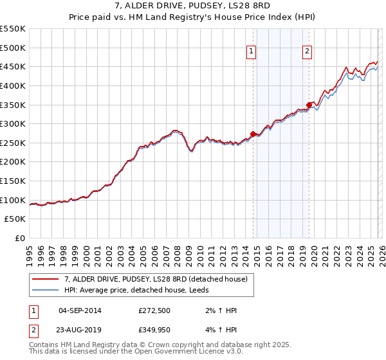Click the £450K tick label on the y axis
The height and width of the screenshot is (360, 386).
pyautogui.click(x=13, y=66)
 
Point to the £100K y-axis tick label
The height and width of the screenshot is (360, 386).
pyautogui.click(x=13, y=200)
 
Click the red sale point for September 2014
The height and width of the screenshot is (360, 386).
pyautogui.click(x=253, y=134)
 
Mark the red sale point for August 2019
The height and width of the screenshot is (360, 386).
pyautogui.click(x=309, y=105)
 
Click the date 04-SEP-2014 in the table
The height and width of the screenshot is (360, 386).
pyautogui.click(x=80, y=310)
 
